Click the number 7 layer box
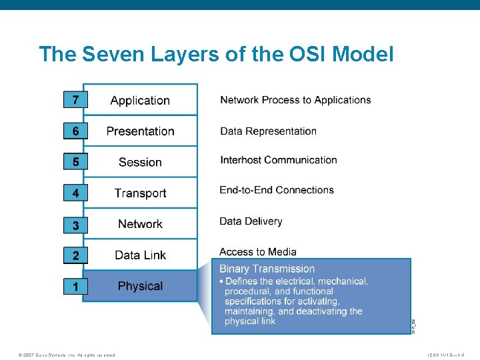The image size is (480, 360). (75, 100)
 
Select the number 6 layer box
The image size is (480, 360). (75, 131)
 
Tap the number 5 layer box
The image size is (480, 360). (75, 162)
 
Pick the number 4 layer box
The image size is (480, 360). (75, 193)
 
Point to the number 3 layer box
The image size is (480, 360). (75, 225)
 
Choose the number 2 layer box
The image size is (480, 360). (75, 255)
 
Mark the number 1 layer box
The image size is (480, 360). (75, 287)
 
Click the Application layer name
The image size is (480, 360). (140, 101)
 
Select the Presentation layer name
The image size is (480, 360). (140, 131)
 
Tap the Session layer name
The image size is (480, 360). (140, 162)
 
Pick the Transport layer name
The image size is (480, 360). (140, 193)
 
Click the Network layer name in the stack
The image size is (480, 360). (140, 224)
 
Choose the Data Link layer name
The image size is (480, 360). (140, 255)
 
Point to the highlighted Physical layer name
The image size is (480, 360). (140, 286)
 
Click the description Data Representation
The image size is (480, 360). (268, 131)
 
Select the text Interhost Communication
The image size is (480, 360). (279, 160)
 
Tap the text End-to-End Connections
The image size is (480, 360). (277, 190)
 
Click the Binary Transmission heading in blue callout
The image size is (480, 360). (267, 269)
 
